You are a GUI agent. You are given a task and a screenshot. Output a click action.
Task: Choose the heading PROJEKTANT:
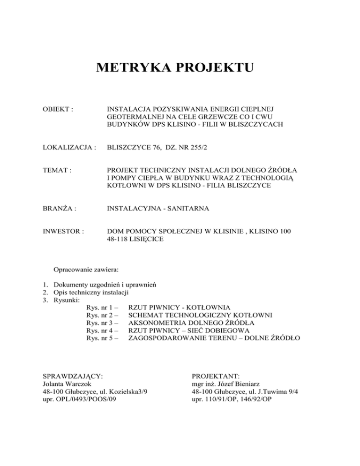[x=216, y=376]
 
